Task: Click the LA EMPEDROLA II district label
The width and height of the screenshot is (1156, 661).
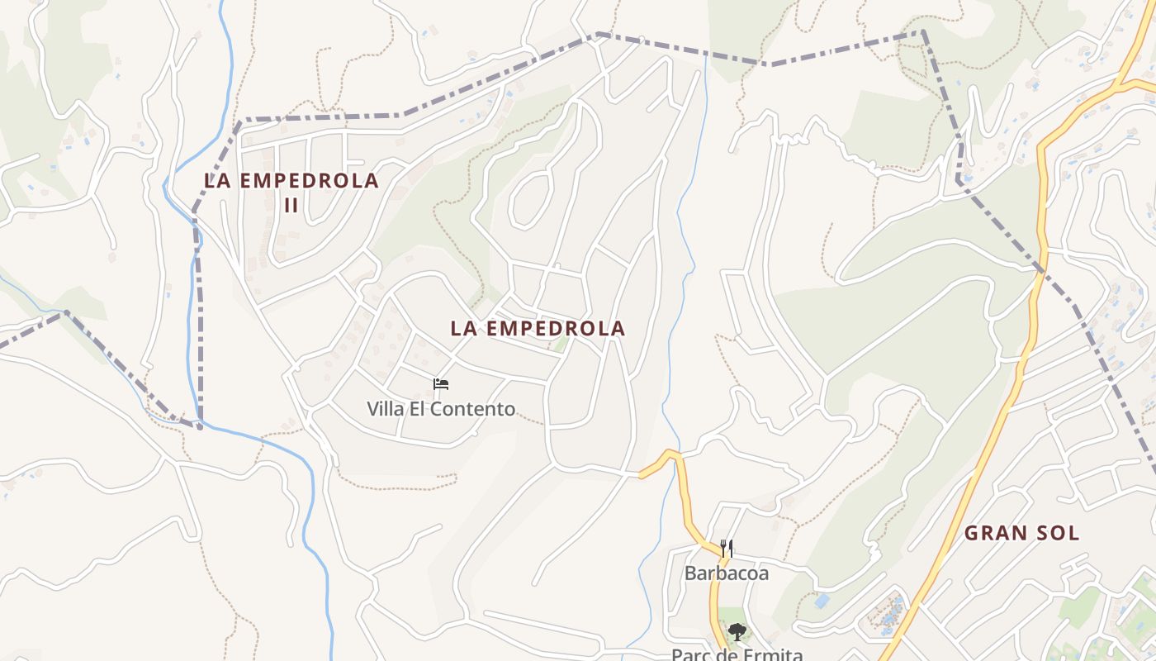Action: point(291,191)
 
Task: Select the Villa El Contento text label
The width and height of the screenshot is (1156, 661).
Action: point(441,408)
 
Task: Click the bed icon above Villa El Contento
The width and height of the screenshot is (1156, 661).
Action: point(441,384)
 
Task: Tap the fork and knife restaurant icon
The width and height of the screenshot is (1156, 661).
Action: point(727,548)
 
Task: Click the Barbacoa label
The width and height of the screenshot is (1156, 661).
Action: point(726,573)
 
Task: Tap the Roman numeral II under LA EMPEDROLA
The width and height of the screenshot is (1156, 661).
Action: point(291,205)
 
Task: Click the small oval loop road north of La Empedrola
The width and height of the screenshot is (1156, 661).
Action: point(529,199)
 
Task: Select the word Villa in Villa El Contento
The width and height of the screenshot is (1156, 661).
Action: point(385,408)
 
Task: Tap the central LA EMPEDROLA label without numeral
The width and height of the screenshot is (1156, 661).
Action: point(538,328)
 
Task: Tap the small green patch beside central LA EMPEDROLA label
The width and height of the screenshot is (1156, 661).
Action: point(561,343)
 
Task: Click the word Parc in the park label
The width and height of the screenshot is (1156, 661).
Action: point(689,655)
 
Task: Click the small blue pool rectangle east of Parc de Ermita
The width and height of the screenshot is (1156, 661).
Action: point(822,601)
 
